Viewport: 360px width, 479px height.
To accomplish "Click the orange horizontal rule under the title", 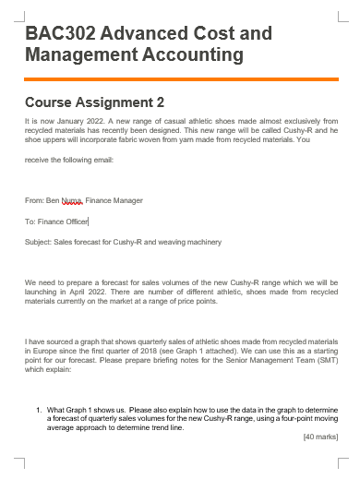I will (x=182, y=79).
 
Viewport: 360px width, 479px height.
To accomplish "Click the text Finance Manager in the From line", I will (x=114, y=199).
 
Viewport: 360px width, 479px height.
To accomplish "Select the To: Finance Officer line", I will (x=56, y=221).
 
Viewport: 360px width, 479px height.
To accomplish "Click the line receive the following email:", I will (x=69, y=160).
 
